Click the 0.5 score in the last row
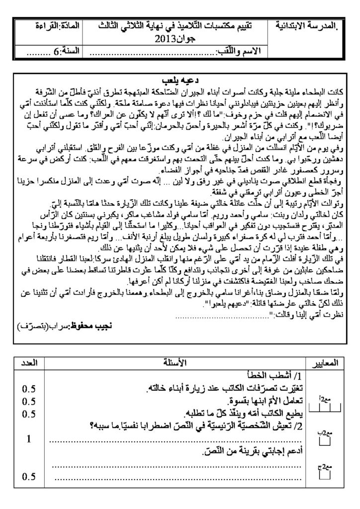[29, 477]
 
